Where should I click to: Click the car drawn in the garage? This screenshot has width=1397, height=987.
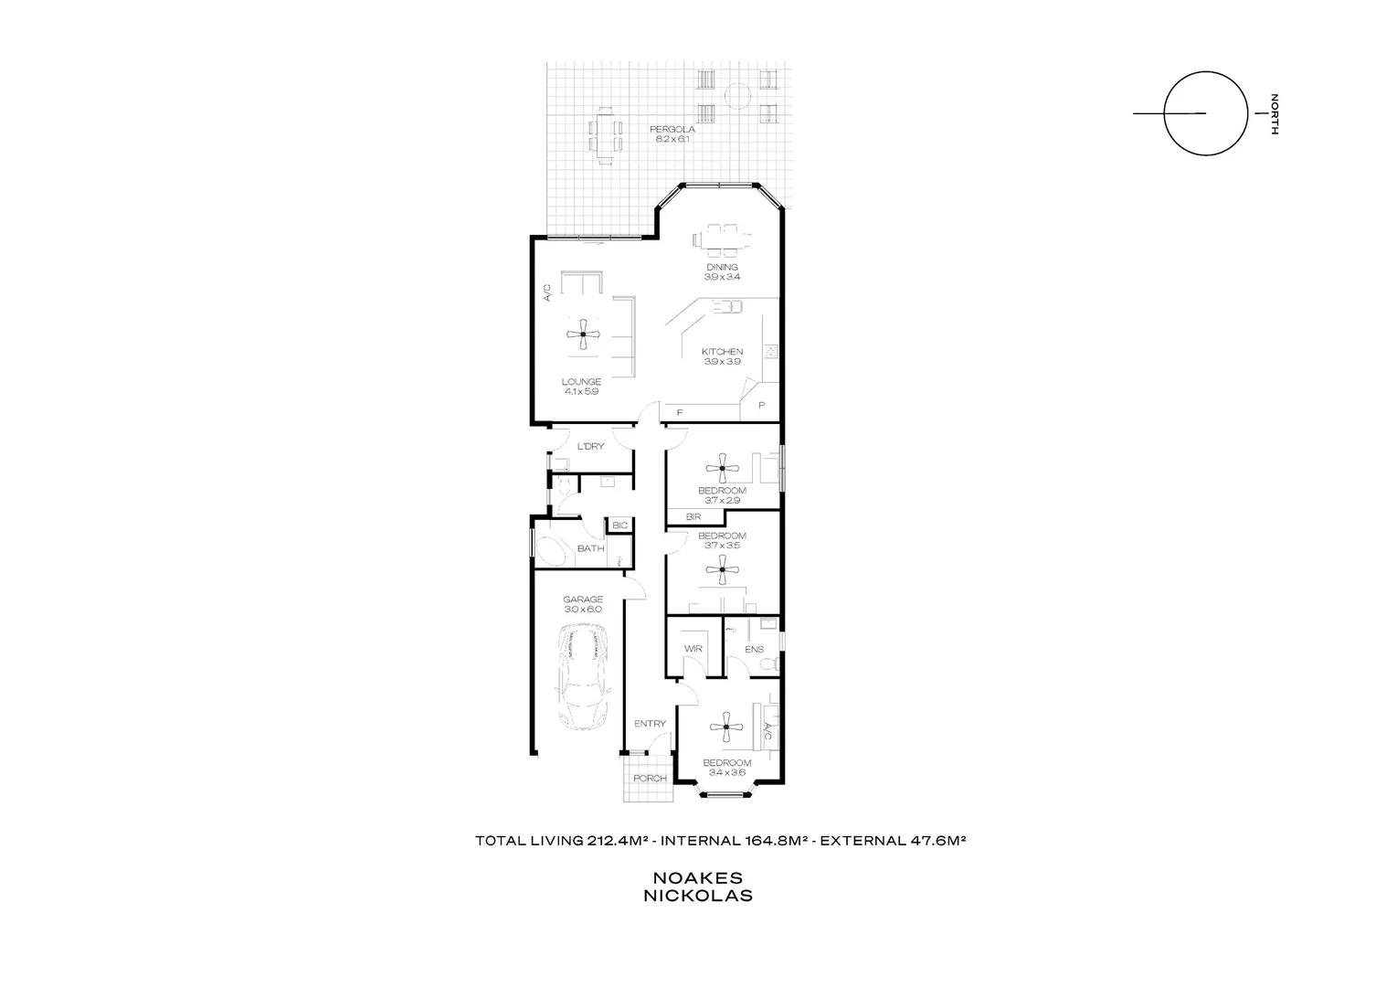pos(583,677)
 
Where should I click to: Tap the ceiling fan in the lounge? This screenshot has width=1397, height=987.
pos(582,334)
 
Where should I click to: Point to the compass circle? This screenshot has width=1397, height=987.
pos(1205,113)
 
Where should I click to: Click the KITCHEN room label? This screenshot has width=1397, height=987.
pos(722,352)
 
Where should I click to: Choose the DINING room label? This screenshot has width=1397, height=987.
pos(722,268)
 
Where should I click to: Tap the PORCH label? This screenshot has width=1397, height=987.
pos(650,779)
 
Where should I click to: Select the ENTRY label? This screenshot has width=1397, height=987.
pos(650,724)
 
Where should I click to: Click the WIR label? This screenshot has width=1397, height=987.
pos(693,649)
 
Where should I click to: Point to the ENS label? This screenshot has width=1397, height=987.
pos(754,650)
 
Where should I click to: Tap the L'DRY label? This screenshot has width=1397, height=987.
pos(591,447)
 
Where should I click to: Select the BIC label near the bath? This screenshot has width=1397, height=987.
pos(619,525)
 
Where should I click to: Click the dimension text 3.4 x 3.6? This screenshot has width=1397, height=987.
pos(726,773)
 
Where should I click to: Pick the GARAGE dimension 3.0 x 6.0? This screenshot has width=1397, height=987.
pos(583,610)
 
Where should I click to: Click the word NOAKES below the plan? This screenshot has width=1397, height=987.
pos(698,878)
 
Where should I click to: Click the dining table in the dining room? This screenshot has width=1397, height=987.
pos(722,239)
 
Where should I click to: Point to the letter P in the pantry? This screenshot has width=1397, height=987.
pos(761,405)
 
